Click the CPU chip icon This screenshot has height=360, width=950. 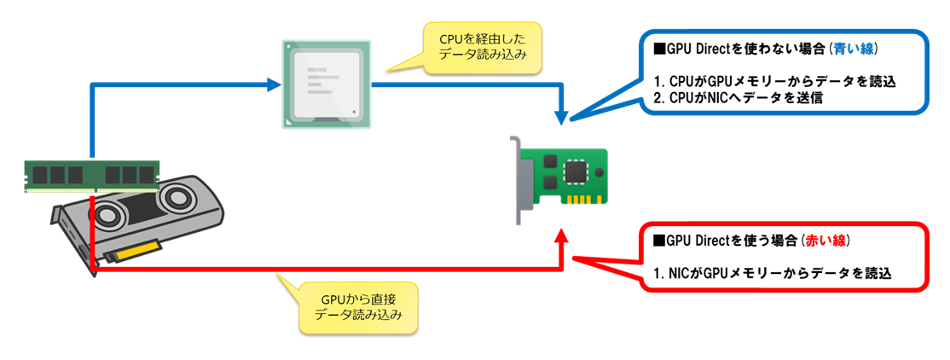point(326,84)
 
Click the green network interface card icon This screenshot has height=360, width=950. point(564,177)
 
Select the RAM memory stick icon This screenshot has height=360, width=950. point(91,174)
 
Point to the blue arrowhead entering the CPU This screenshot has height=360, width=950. point(274,84)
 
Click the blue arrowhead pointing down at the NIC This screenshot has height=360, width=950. point(562,115)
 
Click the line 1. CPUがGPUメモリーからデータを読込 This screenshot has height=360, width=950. point(774,81)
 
